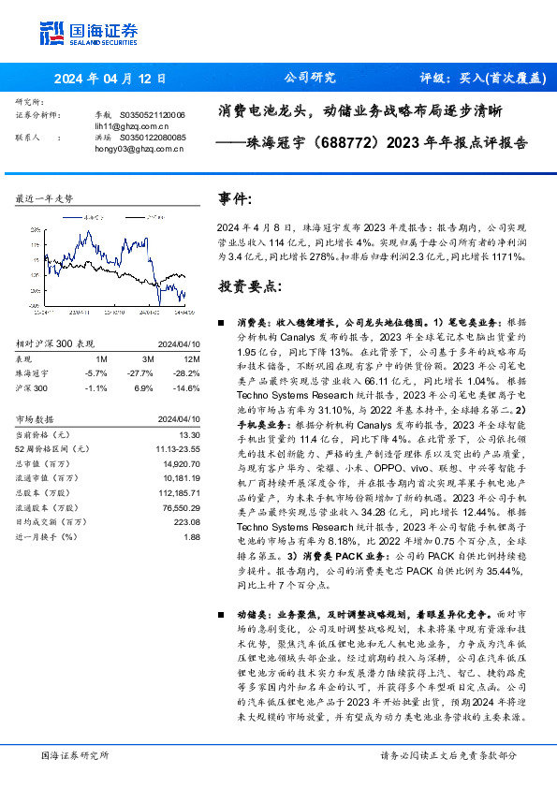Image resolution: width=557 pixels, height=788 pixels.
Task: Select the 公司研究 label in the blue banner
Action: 309,79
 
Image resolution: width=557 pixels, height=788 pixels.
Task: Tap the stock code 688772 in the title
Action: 350,145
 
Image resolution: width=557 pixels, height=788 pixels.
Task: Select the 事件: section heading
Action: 235,199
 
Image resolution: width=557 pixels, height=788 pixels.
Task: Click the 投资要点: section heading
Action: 250,285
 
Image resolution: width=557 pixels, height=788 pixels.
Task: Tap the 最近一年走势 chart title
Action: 45,199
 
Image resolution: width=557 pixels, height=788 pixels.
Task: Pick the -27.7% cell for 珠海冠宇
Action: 145,372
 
